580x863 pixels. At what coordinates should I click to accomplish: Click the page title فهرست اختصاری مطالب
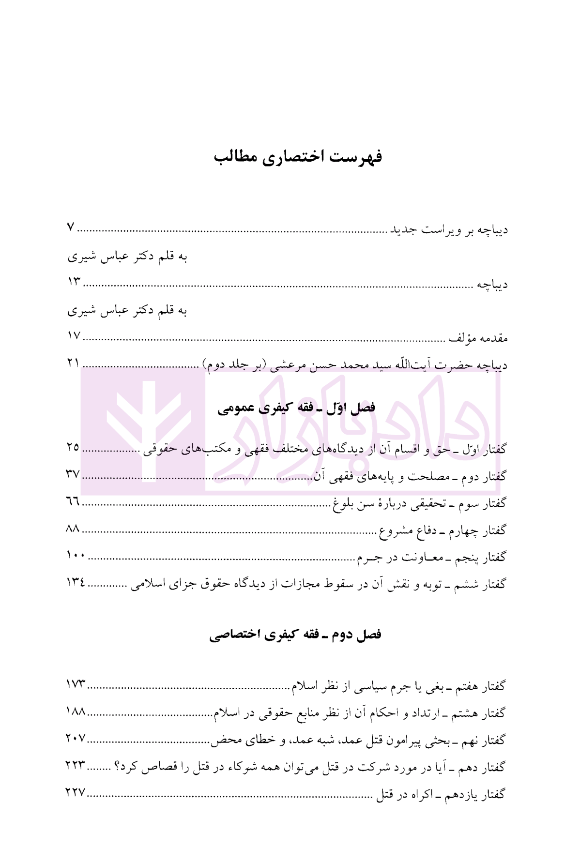298,157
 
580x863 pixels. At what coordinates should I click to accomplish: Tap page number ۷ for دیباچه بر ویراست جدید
71,227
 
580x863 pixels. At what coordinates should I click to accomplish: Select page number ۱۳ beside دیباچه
74,282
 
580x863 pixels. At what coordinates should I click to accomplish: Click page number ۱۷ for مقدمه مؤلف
74,335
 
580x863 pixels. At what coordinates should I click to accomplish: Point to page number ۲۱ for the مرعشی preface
74,363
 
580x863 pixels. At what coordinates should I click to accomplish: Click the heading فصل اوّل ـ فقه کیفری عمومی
296,408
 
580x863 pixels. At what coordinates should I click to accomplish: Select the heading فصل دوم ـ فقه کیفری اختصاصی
295,635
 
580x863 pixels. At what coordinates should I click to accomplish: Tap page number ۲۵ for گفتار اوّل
73,447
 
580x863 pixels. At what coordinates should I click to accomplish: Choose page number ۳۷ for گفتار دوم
73,474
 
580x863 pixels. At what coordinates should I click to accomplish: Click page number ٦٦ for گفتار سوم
73,501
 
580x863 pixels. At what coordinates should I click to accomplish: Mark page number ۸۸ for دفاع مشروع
73,529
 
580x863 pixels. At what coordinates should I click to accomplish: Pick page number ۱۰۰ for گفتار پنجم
76,556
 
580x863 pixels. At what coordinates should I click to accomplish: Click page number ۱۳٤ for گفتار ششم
76,583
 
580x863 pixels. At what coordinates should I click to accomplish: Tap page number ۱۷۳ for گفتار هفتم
76,684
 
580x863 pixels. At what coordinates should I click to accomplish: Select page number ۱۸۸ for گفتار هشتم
76,712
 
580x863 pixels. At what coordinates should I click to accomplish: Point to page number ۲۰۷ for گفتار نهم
76,739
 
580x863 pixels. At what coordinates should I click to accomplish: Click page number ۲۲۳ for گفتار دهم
76,766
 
